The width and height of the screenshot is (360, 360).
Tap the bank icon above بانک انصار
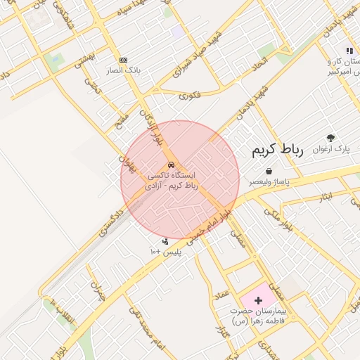[124, 60]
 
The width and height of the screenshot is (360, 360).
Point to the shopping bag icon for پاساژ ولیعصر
[269, 171]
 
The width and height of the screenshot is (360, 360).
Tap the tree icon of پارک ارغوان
[331, 138]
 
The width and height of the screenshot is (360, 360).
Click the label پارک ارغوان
[331, 149]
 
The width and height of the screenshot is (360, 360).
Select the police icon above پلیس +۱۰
[165, 242]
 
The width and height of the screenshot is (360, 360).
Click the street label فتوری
[191, 95]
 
